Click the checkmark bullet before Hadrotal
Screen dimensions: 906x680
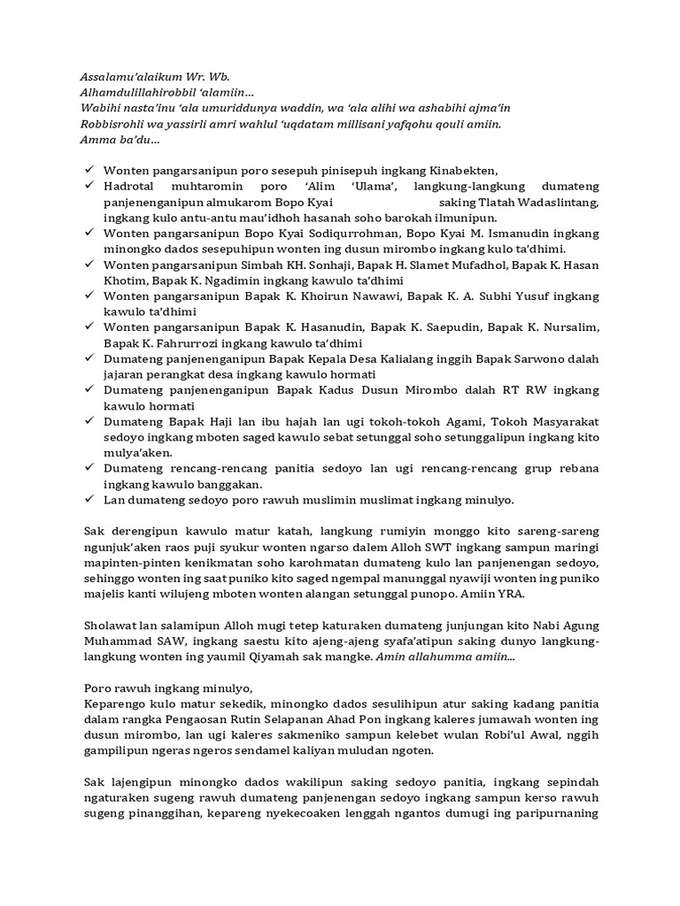89,187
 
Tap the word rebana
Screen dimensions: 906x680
576,468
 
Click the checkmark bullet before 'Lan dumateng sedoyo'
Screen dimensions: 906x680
89,499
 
